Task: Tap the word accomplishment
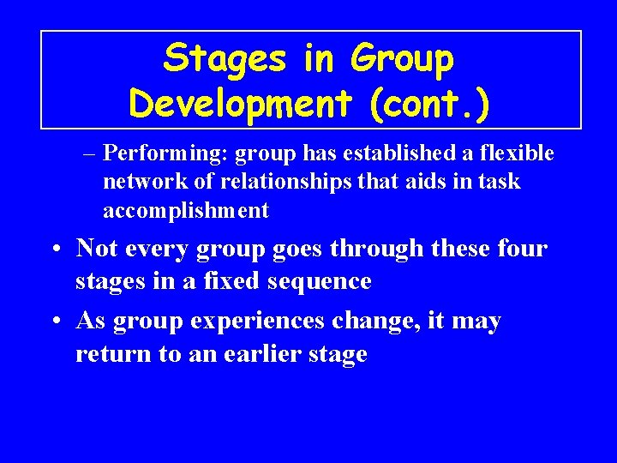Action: (186, 210)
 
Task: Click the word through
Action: (380, 249)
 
